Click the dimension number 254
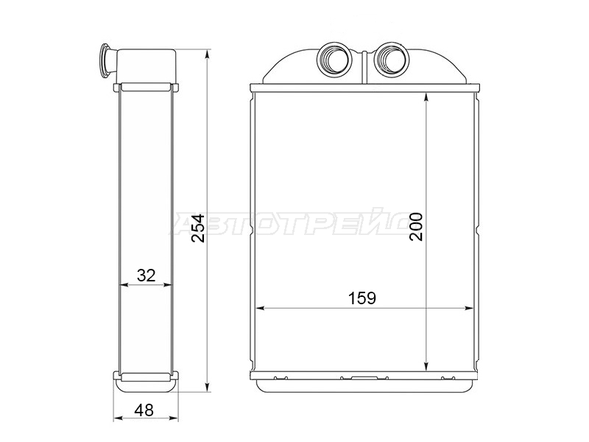[198, 228]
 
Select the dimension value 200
[416, 226]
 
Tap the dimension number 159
[362, 298]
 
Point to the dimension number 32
[146, 276]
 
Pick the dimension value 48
[144, 410]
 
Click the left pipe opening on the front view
[334, 60]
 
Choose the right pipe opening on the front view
[391, 60]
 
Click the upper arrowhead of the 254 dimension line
[207, 55]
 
